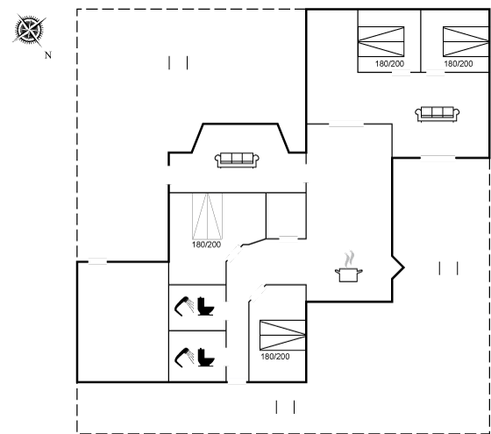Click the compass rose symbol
29,30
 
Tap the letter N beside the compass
48,55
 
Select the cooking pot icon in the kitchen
349,274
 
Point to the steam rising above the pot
349,259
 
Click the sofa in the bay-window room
237,160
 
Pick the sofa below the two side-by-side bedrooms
438,114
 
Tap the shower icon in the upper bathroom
184,306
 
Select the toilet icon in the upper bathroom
206,306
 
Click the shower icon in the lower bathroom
184,358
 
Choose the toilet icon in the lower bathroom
206,358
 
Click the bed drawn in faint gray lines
207,216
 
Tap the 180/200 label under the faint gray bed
206,245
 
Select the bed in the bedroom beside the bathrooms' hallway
282,335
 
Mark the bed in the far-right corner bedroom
466,42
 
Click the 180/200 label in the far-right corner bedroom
459,64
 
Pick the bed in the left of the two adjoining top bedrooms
381,42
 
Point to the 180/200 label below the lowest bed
275,357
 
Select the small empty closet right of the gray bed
286,216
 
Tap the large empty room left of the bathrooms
123,322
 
